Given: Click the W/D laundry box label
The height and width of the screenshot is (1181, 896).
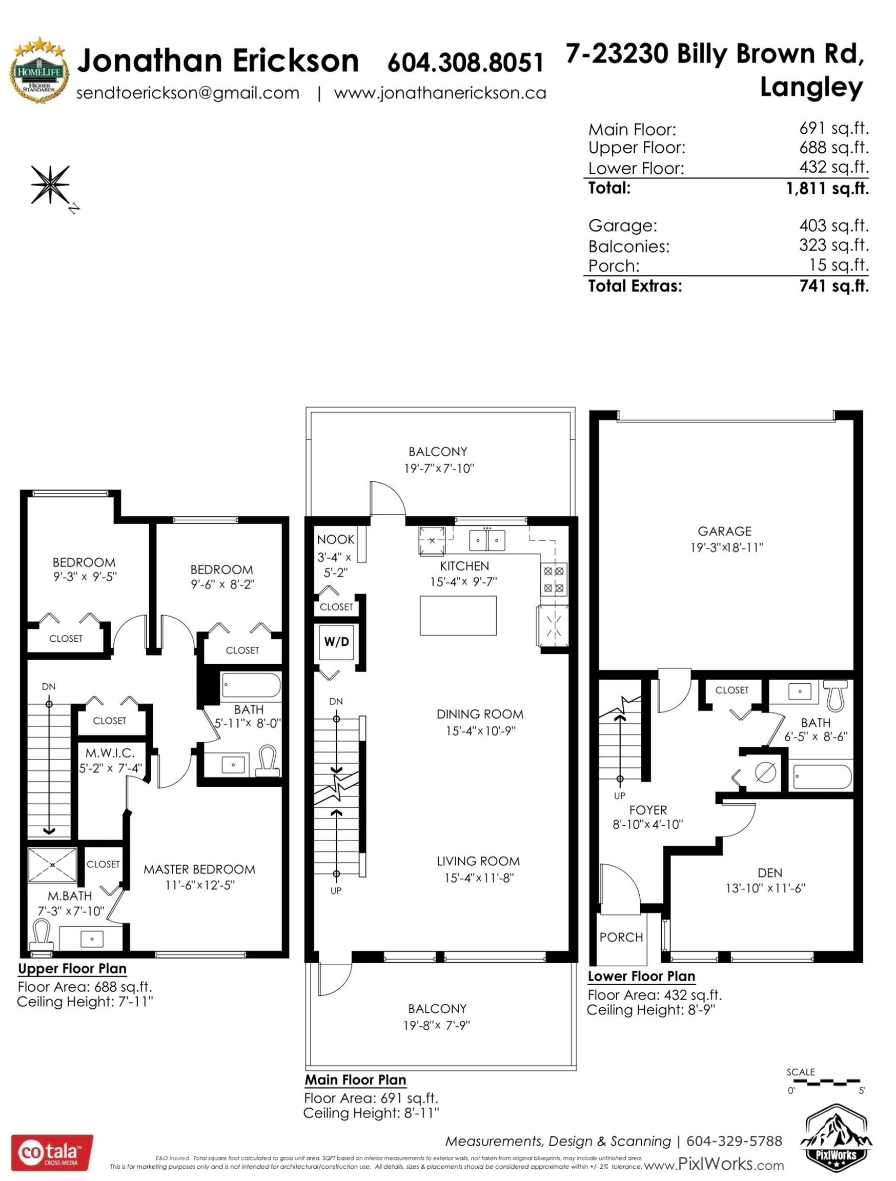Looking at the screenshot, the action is click(336, 642).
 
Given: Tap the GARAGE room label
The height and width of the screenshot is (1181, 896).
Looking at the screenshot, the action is click(724, 531).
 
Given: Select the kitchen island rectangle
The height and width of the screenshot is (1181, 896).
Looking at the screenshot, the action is click(458, 616).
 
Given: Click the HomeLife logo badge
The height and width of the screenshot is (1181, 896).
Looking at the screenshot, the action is click(39, 70).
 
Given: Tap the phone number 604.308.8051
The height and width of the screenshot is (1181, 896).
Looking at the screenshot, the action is click(465, 62).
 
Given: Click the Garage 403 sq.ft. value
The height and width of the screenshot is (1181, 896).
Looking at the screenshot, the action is click(834, 226).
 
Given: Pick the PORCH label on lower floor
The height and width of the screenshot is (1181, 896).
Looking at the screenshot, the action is click(621, 937).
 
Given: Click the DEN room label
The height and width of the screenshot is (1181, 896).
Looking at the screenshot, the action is click(770, 872).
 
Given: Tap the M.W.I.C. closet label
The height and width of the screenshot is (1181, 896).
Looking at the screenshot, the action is click(110, 753).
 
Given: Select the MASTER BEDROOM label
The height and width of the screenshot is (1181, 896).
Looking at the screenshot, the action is click(199, 869).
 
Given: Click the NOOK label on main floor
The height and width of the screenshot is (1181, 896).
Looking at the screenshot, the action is click(335, 539).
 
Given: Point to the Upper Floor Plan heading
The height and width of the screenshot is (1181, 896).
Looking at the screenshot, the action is click(72, 969).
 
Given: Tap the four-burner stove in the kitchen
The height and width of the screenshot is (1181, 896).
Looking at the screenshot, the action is click(554, 580).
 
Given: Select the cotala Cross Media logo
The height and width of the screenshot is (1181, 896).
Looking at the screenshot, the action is click(52, 1153).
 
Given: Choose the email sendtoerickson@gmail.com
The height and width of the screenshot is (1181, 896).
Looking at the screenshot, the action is click(188, 93).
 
